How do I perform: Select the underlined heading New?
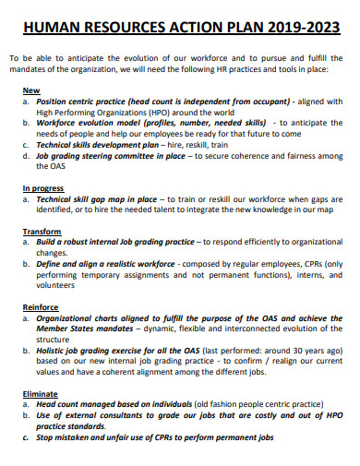click(x=30, y=90)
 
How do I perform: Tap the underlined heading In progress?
click(x=42, y=187)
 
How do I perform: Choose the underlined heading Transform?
click(x=42, y=231)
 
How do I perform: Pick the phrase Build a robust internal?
click(x=90, y=241)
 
